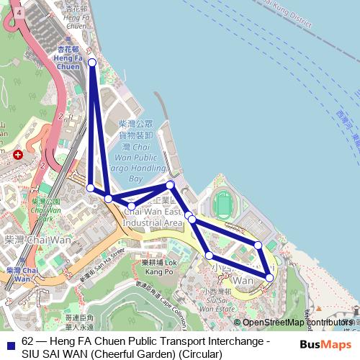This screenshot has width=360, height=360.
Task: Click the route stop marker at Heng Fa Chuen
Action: tap(92, 63)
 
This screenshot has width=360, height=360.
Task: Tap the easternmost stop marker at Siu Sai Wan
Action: tap(270, 277)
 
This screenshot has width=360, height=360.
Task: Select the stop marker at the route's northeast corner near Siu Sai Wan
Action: tap(258, 246)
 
